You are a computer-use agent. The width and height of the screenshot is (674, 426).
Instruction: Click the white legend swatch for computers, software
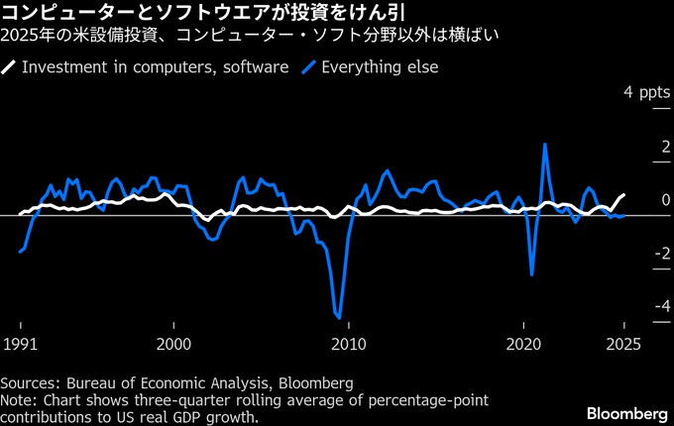pos(9,67)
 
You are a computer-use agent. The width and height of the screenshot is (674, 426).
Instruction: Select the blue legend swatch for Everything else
pos(310,67)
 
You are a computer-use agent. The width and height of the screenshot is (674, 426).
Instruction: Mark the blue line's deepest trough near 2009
pos(339,318)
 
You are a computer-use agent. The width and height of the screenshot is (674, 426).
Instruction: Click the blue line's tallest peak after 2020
pos(545,145)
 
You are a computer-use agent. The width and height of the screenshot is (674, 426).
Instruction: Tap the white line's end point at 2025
pos(624,194)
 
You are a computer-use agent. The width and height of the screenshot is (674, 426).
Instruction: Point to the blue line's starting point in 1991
pos(20,252)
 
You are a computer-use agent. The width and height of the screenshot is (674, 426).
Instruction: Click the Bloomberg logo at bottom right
pos(626,412)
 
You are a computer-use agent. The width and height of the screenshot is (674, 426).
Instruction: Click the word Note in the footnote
pos(18,399)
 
